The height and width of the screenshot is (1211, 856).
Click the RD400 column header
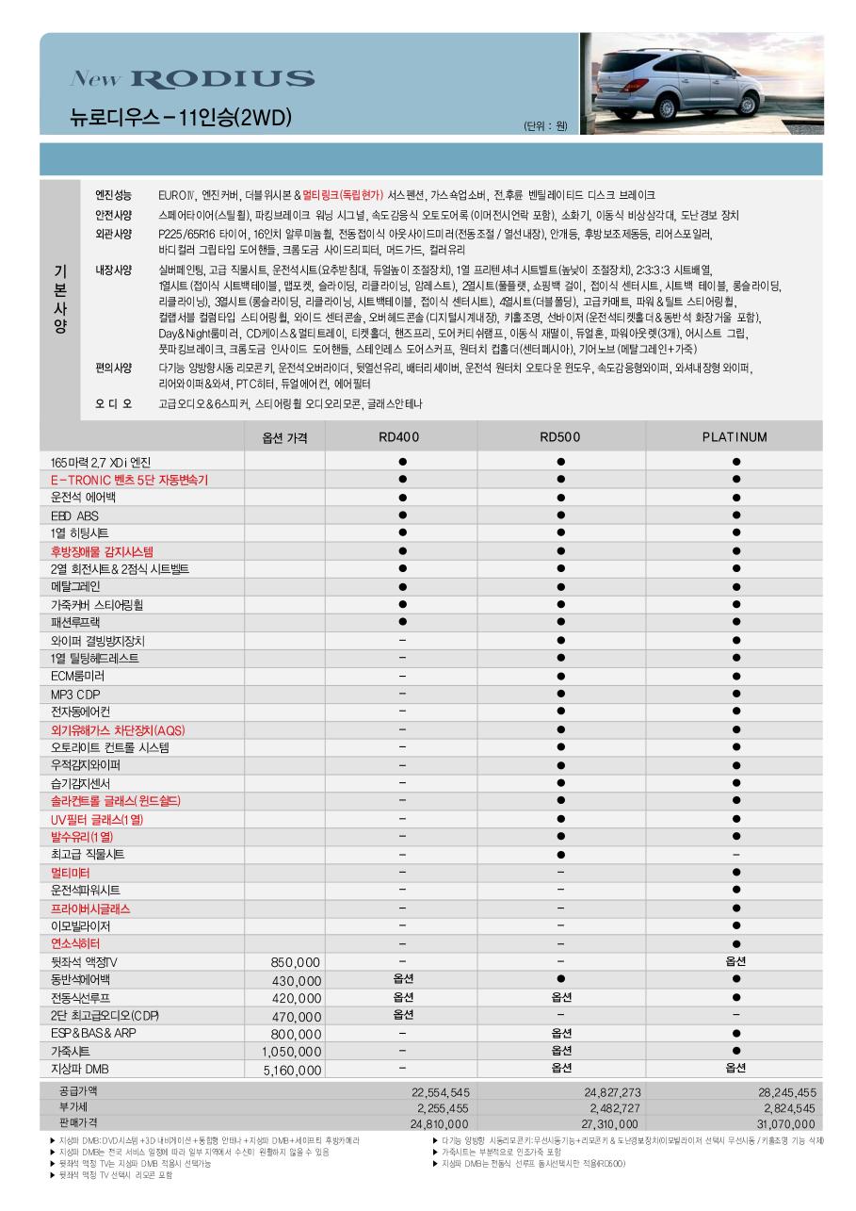(401, 437)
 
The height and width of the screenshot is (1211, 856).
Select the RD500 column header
(560, 437)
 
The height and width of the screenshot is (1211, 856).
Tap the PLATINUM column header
(735, 437)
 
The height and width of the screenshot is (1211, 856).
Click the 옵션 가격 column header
(284, 438)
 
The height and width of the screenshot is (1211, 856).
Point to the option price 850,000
(296, 962)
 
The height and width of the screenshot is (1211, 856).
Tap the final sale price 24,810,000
(440, 1124)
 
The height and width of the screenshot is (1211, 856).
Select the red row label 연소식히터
(75, 943)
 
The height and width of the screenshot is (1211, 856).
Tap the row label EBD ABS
(74, 516)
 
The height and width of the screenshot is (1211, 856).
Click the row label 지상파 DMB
(80, 1070)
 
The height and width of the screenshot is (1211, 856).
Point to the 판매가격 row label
(78, 1122)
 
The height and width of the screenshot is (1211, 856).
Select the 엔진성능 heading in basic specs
(114, 195)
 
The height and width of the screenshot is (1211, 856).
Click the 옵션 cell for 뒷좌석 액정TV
(735, 961)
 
